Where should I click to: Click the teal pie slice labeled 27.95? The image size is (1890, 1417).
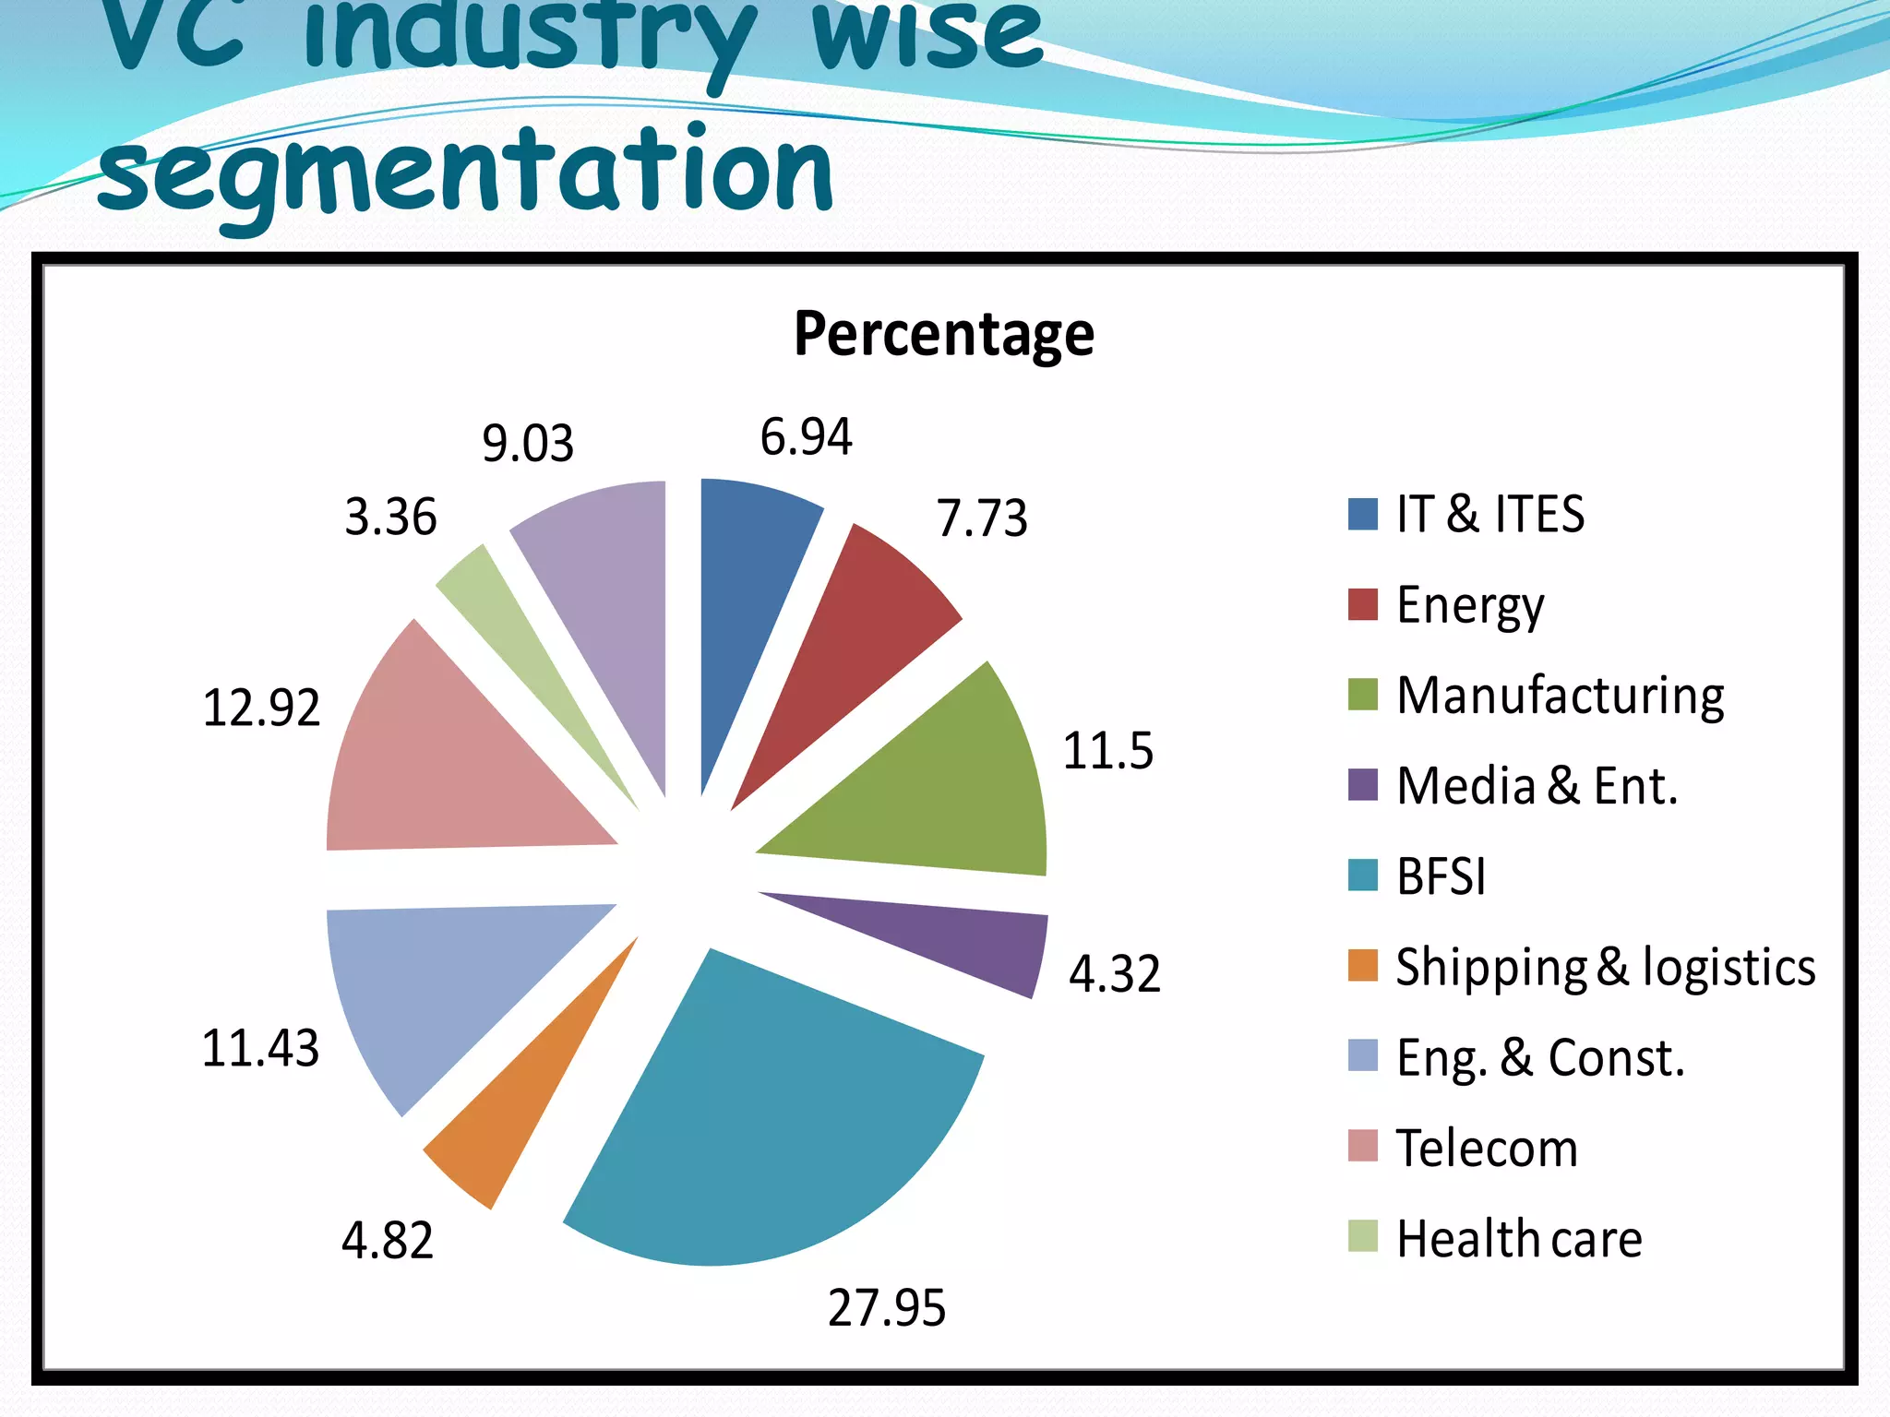775,1125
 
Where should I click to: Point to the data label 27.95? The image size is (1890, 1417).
886,1308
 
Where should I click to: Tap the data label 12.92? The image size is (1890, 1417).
261,708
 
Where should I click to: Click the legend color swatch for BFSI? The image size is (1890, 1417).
1362,875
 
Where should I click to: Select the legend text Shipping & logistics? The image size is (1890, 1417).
1605,967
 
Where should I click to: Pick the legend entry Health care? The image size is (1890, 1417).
1519,1238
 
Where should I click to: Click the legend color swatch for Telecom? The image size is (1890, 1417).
1362,1147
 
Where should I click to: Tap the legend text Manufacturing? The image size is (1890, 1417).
1560,696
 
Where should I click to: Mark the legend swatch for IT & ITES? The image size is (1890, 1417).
1362,514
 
